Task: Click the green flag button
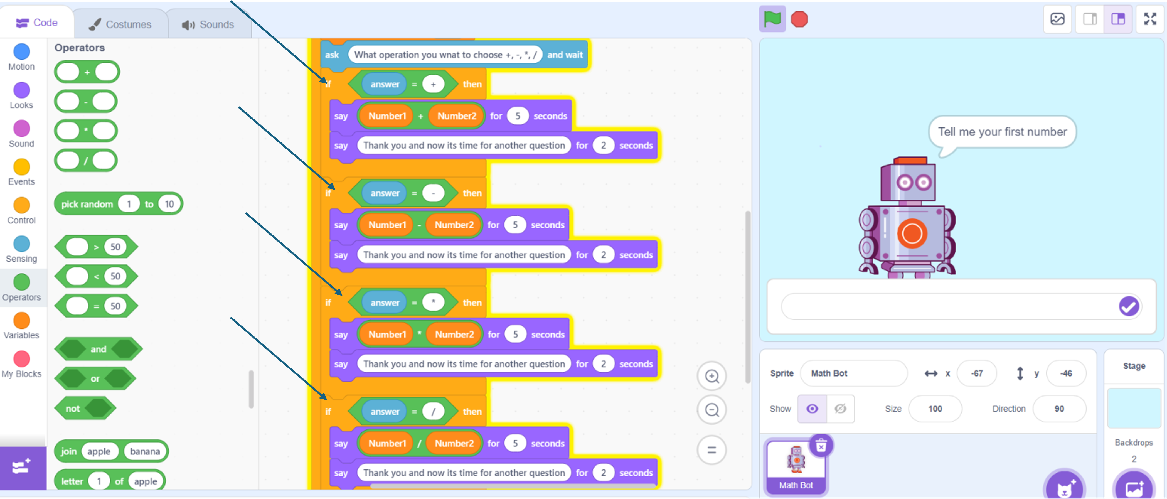(x=772, y=19)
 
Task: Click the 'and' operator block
(x=98, y=349)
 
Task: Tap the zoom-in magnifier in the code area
(x=712, y=376)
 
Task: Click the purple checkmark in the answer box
(x=1129, y=306)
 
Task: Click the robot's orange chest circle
(x=912, y=234)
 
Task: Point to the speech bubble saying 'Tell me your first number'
(x=1002, y=132)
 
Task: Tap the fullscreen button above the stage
(x=1150, y=19)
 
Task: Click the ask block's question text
(x=445, y=55)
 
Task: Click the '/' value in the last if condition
(x=433, y=412)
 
